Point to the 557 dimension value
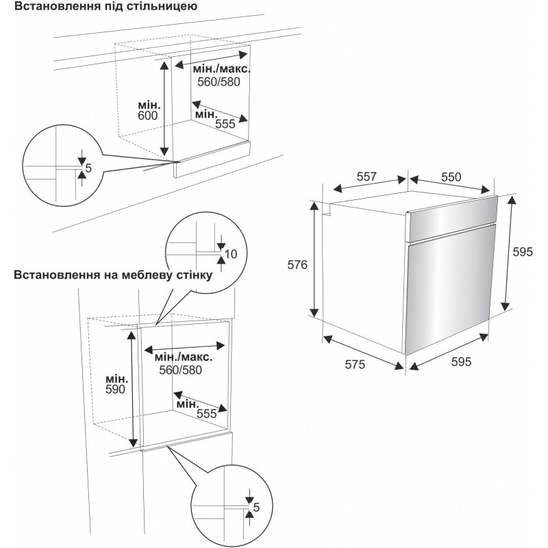click(367, 177)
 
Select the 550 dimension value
click(451, 177)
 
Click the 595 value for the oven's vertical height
click(523, 251)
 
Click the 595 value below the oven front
click(461, 363)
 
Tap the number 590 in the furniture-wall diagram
click(116, 389)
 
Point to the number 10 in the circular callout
click(230, 254)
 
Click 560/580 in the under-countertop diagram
click(209, 81)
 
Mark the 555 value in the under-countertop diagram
click(225, 125)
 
